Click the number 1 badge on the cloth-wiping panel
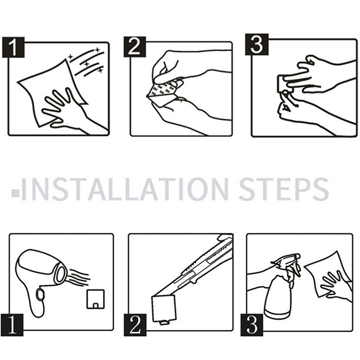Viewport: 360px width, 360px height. tap(13, 47)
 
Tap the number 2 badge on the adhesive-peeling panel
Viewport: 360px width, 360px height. tap(135, 47)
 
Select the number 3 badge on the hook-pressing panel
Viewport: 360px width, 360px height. tap(256, 44)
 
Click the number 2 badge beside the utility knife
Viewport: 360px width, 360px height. tap(135, 325)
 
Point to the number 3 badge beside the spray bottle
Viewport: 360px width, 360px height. tap(252, 325)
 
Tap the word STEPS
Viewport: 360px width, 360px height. tap(284, 189)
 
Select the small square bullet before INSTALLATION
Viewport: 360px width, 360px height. tap(15, 193)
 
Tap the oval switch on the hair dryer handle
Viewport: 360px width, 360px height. tap(40, 294)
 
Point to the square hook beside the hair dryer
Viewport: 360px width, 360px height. tap(95, 299)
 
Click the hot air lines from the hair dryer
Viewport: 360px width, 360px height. tap(79, 277)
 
